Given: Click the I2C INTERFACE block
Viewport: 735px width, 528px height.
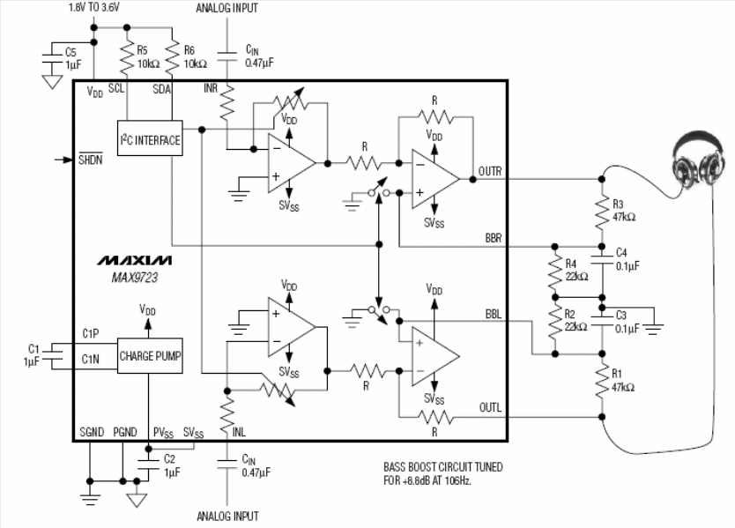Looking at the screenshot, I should [x=149, y=139].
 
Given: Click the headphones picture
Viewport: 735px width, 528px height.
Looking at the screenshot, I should [x=699, y=162].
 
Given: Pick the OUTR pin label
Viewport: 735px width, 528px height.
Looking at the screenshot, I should [x=490, y=172].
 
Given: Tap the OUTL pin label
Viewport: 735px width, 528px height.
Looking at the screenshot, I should [x=490, y=407].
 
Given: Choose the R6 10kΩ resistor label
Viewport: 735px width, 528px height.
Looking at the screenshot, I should [x=193, y=57].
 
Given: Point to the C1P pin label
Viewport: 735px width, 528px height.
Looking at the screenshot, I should [x=92, y=332].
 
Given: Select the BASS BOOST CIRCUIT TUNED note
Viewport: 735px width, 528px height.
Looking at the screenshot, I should [x=442, y=467].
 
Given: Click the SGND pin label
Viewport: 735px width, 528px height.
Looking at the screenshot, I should [x=91, y=432].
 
